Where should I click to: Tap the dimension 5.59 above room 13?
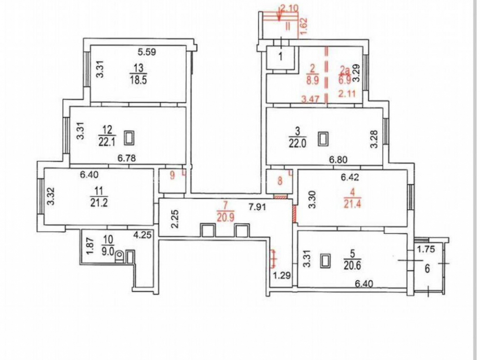point(147,52)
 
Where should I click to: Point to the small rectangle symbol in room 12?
point(129,138)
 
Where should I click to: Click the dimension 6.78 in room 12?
point(127,158)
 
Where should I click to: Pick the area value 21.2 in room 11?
point(99,203)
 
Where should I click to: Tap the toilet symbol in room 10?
point(120,256)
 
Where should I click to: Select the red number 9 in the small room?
point(172,176)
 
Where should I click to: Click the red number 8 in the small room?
point(280,180)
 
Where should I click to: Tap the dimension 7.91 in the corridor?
point(256,207)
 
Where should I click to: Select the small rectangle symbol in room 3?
point(323,139)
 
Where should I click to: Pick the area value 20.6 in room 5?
point(352,265)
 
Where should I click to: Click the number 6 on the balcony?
point(428,269)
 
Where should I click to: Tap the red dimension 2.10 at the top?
point(288,9)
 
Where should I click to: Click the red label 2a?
point(345,71)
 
